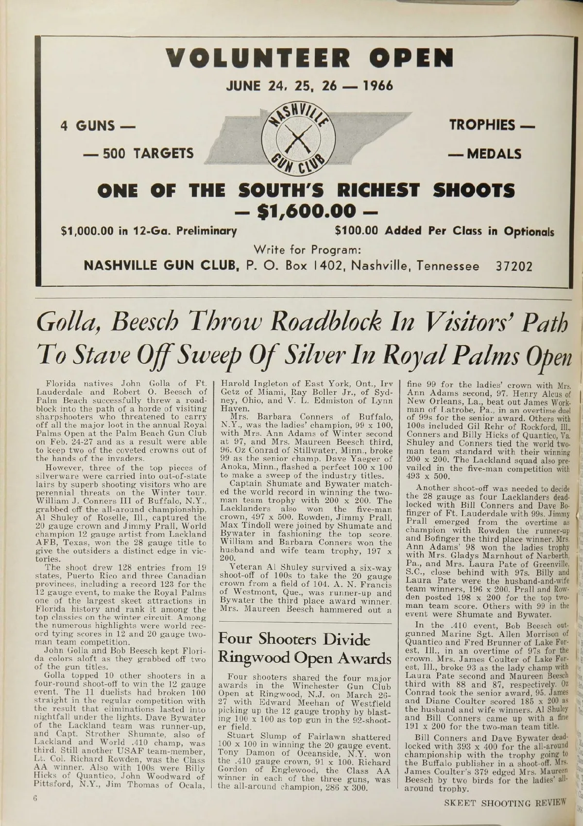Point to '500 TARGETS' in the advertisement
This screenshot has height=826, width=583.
click(138, 154)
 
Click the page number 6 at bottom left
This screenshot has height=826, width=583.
click(35, 810)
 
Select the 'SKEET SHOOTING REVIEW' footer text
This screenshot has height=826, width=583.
click(505, 814)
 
